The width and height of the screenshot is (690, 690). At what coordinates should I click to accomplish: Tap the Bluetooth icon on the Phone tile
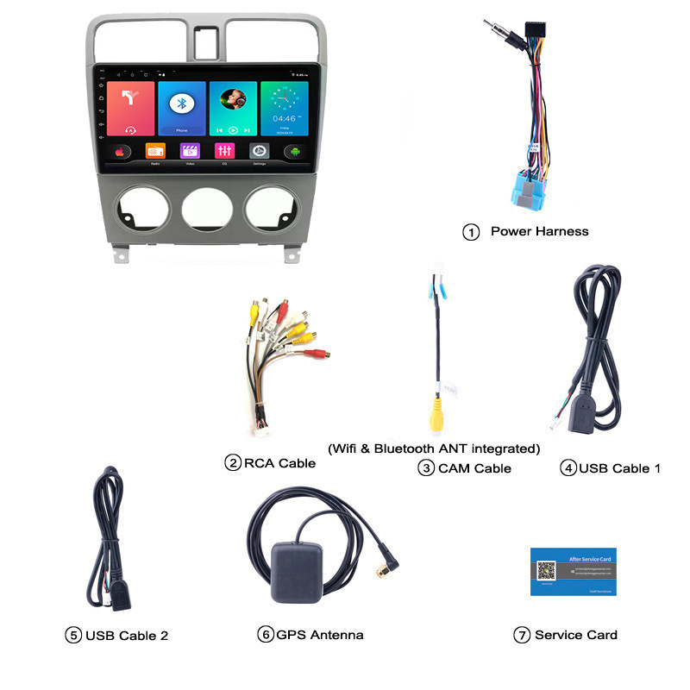point(181,103)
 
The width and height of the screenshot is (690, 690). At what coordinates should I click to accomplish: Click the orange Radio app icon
point(155,151)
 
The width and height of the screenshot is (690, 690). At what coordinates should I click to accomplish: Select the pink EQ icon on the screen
point(224,151)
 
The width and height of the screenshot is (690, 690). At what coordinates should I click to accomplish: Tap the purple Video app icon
point(190,151)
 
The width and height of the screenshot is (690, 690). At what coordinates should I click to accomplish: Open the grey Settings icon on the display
point(259,151)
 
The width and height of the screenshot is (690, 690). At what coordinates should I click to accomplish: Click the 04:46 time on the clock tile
point(284,118)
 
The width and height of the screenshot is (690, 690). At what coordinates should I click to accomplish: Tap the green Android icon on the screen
point(295,152)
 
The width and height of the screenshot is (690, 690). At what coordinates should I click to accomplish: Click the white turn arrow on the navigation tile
point(130,99)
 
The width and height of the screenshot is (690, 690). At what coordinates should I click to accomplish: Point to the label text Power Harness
point(539,231)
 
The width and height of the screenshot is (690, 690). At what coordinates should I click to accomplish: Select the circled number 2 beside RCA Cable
point(232,463)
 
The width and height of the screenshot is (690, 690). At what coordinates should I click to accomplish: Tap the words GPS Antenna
point(320,635)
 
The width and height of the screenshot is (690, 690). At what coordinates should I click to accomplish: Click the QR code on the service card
point(546,571)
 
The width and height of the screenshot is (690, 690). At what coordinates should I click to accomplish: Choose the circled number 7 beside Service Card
point(521,635)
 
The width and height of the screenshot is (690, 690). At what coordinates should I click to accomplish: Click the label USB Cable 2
point(127,636)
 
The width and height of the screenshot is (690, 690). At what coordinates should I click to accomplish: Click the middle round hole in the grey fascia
point(205,210)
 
